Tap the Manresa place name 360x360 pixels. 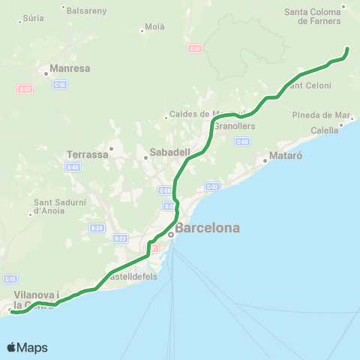tap(70, 68)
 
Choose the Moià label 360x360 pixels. tap(154, 27)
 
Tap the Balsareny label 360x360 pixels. tap(87, 11)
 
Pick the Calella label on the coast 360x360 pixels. tap(325, 130)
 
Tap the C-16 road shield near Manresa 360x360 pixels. tap(60, 85)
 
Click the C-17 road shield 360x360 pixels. tap(195, 48)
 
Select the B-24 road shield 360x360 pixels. tap(96, 227)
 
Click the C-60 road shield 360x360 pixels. tap(241, 141)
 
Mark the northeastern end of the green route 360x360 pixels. tap(347, 49)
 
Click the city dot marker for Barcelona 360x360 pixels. tap(170, 234)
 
